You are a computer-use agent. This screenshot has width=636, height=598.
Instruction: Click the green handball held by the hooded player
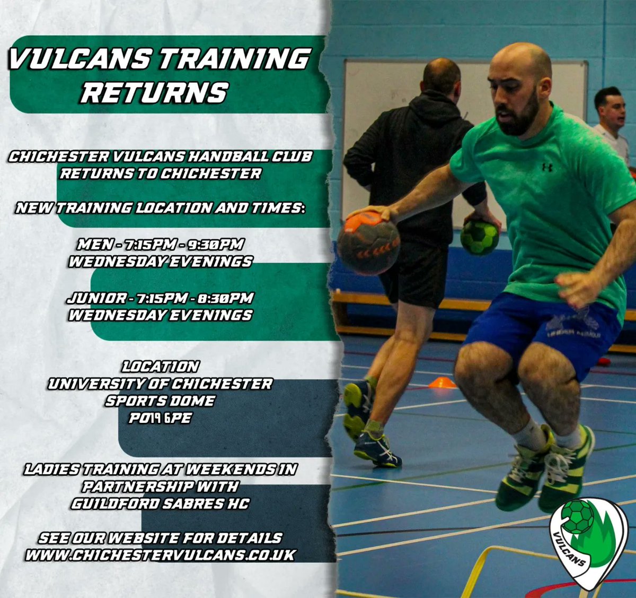pos(480,237)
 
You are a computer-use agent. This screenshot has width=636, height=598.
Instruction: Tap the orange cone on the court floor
pos(441,382)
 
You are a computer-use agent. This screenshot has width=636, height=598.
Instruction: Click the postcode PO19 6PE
pos(160,418)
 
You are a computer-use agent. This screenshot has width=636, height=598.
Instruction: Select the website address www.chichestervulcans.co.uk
pos(161,555)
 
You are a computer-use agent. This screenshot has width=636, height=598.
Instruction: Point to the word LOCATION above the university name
pos(160,366)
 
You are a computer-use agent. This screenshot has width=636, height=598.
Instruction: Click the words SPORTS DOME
pos(160,401)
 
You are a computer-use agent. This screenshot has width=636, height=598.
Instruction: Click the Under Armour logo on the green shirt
pos(547,167)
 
